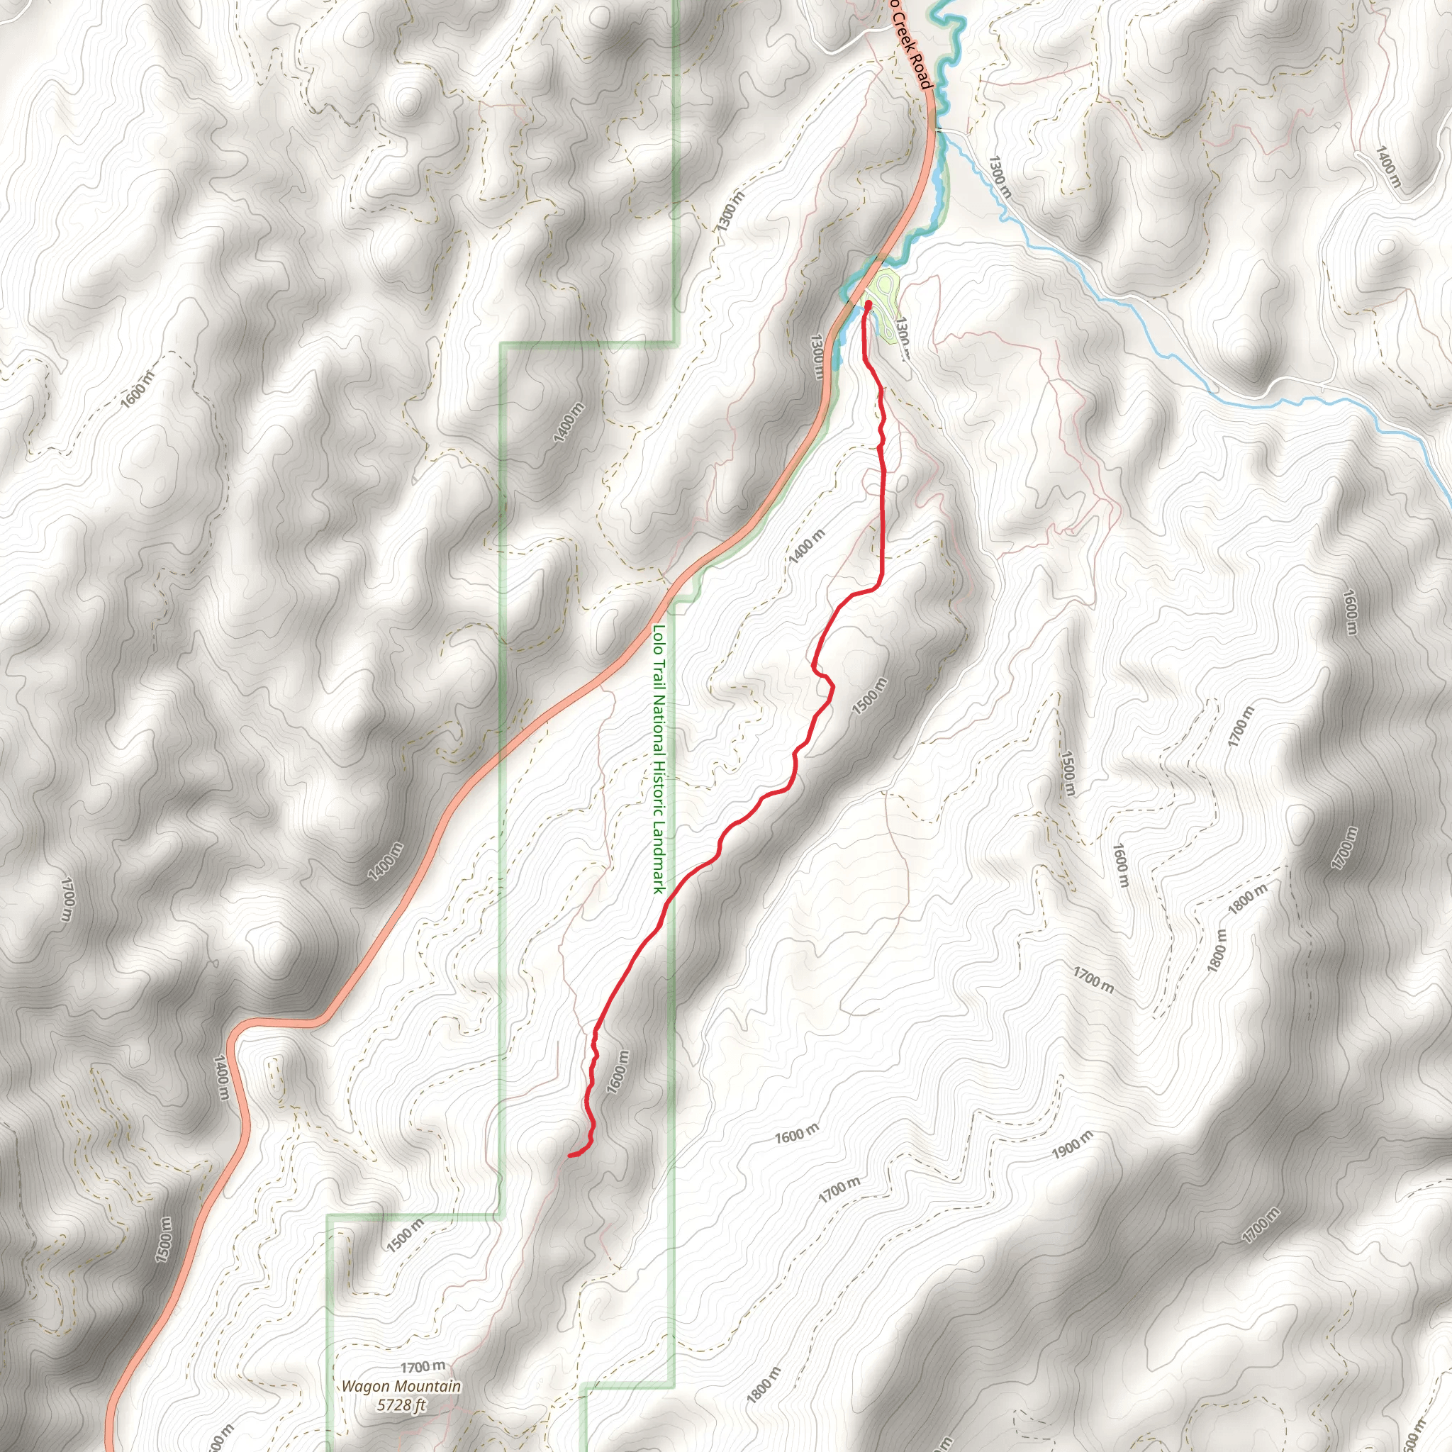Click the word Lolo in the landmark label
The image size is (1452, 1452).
click(659, 638)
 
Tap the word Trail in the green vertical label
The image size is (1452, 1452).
click(659, 674)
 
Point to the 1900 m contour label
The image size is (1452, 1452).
click(1072, 1143)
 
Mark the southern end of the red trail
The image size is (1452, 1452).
click(570, 1155)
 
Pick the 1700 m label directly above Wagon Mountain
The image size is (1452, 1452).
click(423, 1366)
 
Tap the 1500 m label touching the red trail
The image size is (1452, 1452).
click(871, 696)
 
